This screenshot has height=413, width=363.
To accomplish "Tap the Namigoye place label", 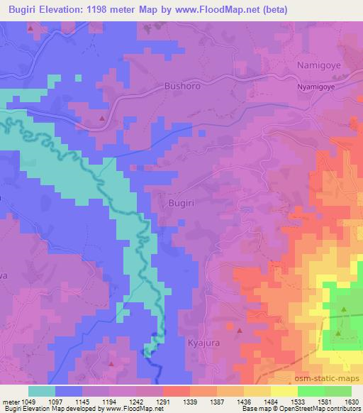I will coord(318,65).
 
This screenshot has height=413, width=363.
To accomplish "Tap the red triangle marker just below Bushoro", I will coord(102,117).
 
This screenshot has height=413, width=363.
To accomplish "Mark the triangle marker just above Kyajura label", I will coord(239,331).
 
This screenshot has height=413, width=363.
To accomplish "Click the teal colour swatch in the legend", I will coord(43,390).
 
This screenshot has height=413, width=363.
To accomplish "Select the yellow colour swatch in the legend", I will coord(284,390).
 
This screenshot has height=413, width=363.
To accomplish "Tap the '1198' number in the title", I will coord(116,9).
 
